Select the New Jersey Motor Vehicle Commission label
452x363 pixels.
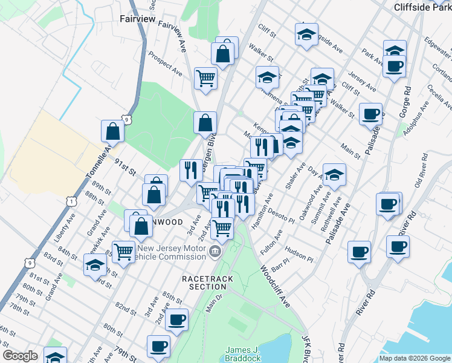point(172,252)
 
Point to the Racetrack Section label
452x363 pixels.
point(199,282)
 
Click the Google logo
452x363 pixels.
point(20,356)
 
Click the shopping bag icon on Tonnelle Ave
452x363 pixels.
point(113,130)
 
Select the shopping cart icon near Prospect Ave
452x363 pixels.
point(205,78)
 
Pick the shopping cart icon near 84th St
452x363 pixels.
point(123,250)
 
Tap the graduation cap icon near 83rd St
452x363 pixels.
point(95,264)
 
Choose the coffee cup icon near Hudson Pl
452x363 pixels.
point(359,251)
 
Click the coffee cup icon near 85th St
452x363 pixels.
point(176,319)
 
